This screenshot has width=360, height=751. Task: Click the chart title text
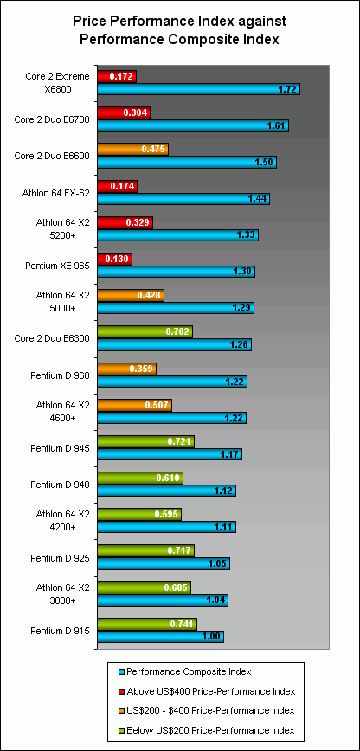point(180,30)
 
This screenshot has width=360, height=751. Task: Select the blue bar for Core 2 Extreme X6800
point(198,89)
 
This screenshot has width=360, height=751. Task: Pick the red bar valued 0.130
point(114,259)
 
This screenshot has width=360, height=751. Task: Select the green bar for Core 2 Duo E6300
point(145,331)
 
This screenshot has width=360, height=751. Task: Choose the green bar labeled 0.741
point(147,624)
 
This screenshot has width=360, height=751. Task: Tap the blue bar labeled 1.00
point(160,637)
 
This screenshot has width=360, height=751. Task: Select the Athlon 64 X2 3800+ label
point(61,594)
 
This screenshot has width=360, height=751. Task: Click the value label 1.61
point(276,125)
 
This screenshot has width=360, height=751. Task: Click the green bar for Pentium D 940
point(140,478)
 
